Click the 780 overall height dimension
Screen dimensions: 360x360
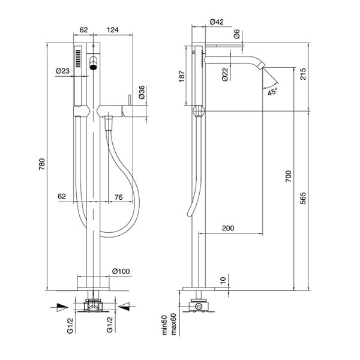42,164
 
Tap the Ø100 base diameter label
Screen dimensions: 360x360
121,271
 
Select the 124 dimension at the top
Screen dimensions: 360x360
113,30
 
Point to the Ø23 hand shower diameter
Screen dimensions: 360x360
62,71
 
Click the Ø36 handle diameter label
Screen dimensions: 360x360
142,92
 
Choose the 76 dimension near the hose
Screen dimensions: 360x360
118,197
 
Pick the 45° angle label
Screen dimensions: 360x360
273,92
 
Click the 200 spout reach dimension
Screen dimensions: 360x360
228,228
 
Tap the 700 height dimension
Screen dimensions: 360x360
289,176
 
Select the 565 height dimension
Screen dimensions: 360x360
303,199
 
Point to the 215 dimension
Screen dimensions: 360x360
303,74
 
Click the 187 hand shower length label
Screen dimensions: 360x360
182,76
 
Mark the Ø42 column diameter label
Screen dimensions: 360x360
217,22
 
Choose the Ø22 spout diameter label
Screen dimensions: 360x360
225,74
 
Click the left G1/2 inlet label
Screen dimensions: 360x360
70,325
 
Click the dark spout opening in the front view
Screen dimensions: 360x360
93,67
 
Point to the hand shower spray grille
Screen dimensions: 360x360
78,58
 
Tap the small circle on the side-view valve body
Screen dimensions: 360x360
198,306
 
